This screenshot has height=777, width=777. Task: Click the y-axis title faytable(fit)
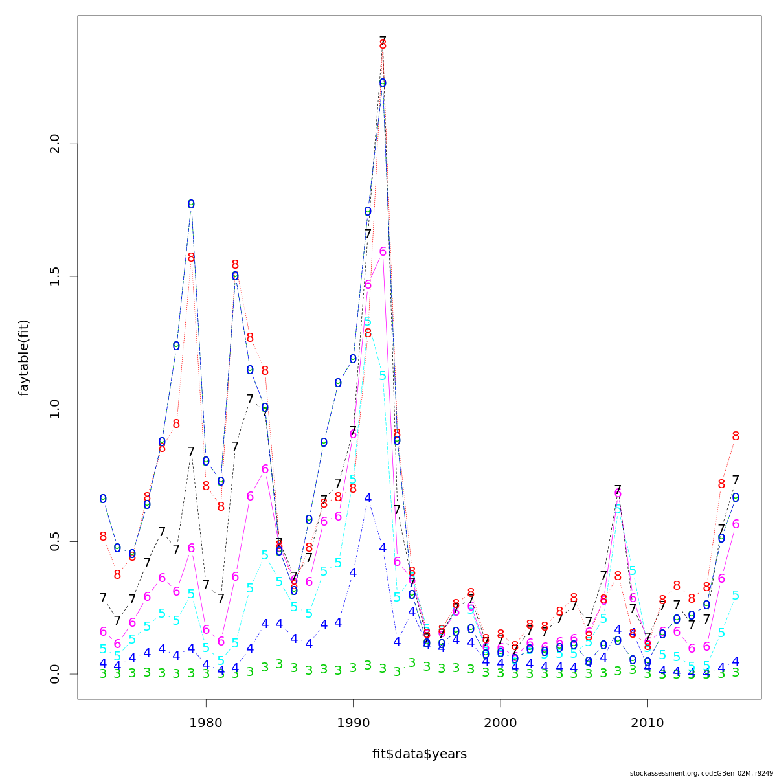[x=24, y=357]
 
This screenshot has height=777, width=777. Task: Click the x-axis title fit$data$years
[x=419, y=754]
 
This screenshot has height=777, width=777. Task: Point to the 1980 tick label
[x=206, y=723]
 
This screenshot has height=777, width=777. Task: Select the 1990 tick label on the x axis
[x=353, y=723]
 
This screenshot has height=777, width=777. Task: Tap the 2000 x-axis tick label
[x=500, y=723]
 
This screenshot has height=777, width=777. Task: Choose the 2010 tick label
[x=647, y=723]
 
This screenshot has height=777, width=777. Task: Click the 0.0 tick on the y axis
[x=54, y=673]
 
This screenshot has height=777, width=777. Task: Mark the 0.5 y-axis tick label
[x=54, y=541]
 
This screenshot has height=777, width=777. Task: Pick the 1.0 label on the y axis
[x=54, y=409]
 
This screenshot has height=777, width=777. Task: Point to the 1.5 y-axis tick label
[x=54, y=276]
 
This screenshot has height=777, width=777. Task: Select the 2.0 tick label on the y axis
[x=54, y=144]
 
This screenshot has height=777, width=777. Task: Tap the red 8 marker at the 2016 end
[x=736, y=436]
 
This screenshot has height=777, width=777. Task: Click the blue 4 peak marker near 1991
[x=368, y=498]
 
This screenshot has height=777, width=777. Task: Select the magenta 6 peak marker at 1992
[x=383, y=251]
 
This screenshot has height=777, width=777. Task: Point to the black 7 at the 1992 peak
[x=383, y=41]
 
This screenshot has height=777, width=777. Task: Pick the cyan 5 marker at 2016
[x=736, y=595]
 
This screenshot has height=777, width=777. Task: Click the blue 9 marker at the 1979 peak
[x=191, y=204]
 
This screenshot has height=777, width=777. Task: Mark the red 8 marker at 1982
[x=235, y=265]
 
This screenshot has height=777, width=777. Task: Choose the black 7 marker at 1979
[x=191, y=451]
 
